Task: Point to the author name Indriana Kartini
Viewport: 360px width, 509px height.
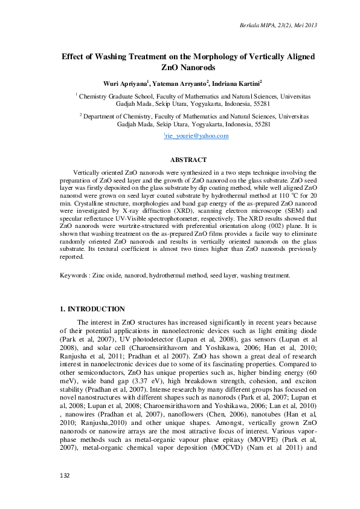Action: pos(236,83)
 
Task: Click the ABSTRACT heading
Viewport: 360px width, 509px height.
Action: pos(188,160)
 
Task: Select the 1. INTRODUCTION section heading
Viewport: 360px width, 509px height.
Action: pos(92,310)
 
